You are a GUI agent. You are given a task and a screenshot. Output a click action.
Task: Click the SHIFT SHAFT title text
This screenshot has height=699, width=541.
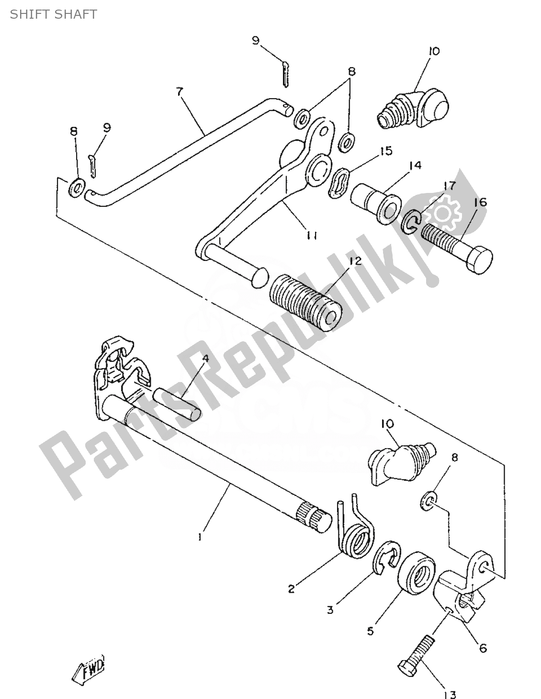pos(53,14)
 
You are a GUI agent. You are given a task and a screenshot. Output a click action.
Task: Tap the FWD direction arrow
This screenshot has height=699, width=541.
pos(90,667)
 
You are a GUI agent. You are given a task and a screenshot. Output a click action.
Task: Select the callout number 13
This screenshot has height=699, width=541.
pos(450,693)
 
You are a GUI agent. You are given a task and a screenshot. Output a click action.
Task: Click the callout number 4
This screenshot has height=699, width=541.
pos(205,358)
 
